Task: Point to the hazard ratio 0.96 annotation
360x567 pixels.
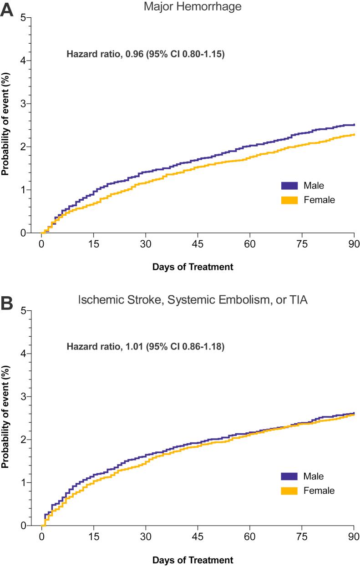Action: [146, 55]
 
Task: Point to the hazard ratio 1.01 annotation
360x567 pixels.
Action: [146, 348]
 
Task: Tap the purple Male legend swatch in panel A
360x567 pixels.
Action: [289, 185]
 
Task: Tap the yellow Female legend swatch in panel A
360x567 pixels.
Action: [289, 200]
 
